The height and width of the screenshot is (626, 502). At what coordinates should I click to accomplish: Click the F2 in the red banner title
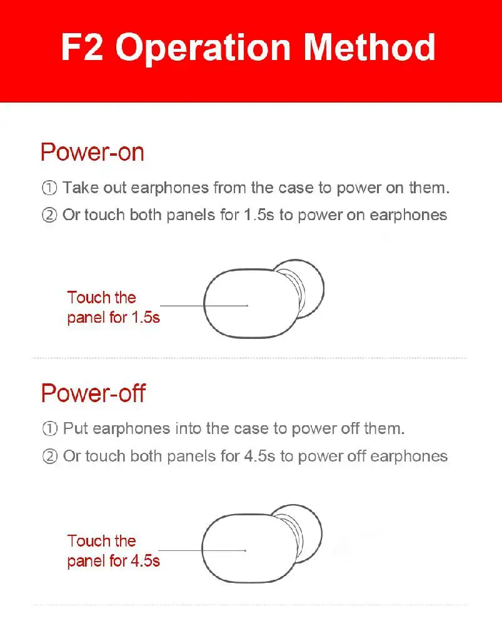coord(82,47)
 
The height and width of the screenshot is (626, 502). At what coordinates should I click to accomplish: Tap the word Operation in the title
coord(203,49)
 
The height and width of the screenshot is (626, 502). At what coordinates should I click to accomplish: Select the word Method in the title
coord(369,47)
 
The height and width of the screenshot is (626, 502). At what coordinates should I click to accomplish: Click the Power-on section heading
coord(92,152)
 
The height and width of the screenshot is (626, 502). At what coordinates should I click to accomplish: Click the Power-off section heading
coord(93,393)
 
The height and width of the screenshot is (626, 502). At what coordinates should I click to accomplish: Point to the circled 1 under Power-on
coord(49,188)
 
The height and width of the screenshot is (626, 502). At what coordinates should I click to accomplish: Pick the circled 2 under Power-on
coord(49,215)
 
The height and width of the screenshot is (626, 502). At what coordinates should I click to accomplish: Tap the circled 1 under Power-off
coord(50,428)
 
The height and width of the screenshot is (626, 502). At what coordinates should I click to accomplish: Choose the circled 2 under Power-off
coord(50,456)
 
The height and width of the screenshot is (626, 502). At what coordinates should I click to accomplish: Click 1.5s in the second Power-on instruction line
coord(259,215)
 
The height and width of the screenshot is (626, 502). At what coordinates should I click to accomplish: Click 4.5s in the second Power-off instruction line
coord(260,456)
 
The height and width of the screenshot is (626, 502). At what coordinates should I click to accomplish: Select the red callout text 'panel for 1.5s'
coord(113,318)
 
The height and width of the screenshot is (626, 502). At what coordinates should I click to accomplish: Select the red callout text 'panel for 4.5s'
coord(113,561)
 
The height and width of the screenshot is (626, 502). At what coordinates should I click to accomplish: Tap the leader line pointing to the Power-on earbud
coord(204,306)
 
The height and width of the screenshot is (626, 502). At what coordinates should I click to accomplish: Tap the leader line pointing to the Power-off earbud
coord(203,550)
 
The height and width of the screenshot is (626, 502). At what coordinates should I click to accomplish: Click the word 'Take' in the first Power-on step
coord(80,188)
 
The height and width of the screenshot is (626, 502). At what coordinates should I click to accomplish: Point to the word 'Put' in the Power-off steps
coord(76,428)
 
